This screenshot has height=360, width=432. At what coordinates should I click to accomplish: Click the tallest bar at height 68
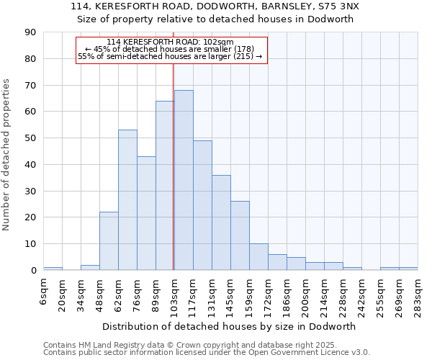184,180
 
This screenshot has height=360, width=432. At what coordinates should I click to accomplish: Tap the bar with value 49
202,205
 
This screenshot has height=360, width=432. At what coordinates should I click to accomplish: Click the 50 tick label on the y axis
30,138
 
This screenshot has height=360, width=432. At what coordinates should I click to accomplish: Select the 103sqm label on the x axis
174,293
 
